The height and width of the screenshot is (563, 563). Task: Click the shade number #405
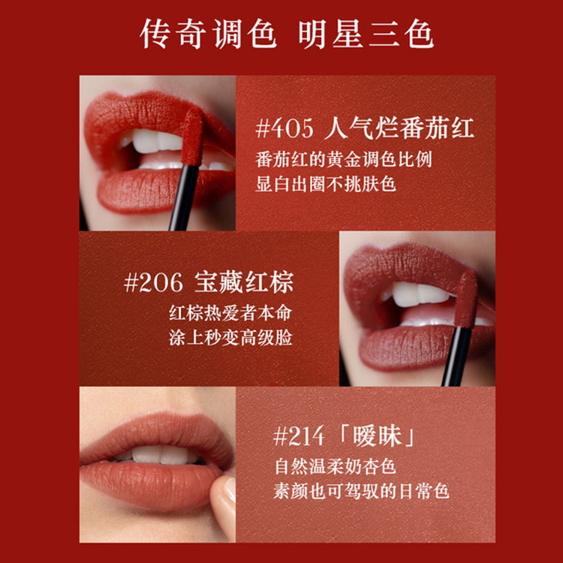coord(285,128)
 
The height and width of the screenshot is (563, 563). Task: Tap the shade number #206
coord(153,282)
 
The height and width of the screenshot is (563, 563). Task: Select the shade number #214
coord(299,437)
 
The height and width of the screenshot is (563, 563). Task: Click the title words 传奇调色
coord(208,34)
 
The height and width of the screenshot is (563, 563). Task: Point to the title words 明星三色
coord(366,34)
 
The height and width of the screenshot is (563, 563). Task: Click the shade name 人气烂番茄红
coord(399,128)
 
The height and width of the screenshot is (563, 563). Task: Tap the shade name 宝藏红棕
coord(244,282)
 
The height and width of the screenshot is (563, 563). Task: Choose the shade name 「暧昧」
coord(377,437)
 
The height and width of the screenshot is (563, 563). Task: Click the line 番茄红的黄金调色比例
coord(344,160)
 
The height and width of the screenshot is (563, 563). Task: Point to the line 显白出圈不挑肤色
coord(326,184)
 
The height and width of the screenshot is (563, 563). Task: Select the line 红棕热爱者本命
coord(230,313)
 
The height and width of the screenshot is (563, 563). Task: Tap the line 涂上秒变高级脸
coord(230,338)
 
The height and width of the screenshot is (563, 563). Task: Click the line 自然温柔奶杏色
coord(335,466)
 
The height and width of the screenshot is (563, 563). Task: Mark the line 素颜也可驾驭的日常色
coord(361,491)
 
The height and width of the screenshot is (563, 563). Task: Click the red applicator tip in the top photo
coord(193,137)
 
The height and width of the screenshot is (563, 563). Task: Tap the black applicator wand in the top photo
coord(183,197)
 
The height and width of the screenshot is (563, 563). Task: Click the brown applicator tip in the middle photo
coord(465,299)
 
